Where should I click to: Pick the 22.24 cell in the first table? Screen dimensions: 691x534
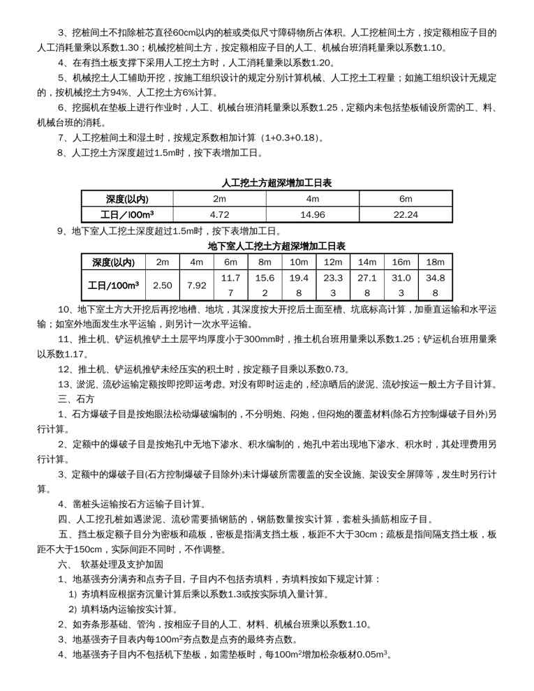[x=405, y=215]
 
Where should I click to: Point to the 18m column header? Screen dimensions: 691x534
[x=435, y=262]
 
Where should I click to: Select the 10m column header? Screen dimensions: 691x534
[x=299, y=262]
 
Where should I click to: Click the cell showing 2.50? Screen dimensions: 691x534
[x=162, y=285]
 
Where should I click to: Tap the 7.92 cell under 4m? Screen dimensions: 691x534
[x=196, y=285]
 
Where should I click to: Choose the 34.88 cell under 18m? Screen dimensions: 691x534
[x=435, y=285]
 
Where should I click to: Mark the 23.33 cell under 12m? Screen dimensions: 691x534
[x=333, y=285]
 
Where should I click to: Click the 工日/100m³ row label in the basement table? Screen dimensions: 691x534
[x=113, y=285]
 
